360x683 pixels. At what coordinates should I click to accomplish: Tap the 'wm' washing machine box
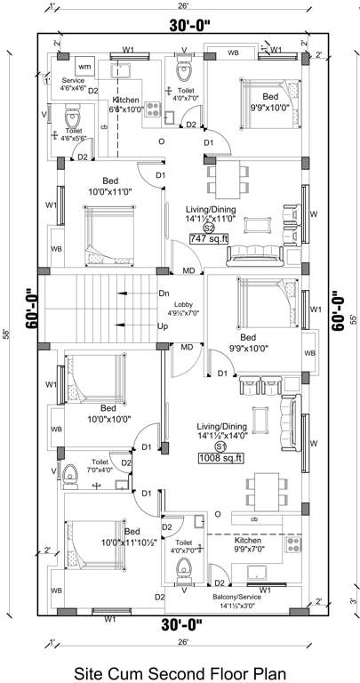[x=84, y=68]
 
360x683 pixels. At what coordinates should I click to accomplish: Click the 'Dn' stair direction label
[x=164, y=293]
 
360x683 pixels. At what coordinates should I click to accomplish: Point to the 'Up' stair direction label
[x=164, y=326]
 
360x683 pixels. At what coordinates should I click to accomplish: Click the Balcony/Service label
[x=236, y=600]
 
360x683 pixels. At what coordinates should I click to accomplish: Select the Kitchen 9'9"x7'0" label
[x=247, y=545]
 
